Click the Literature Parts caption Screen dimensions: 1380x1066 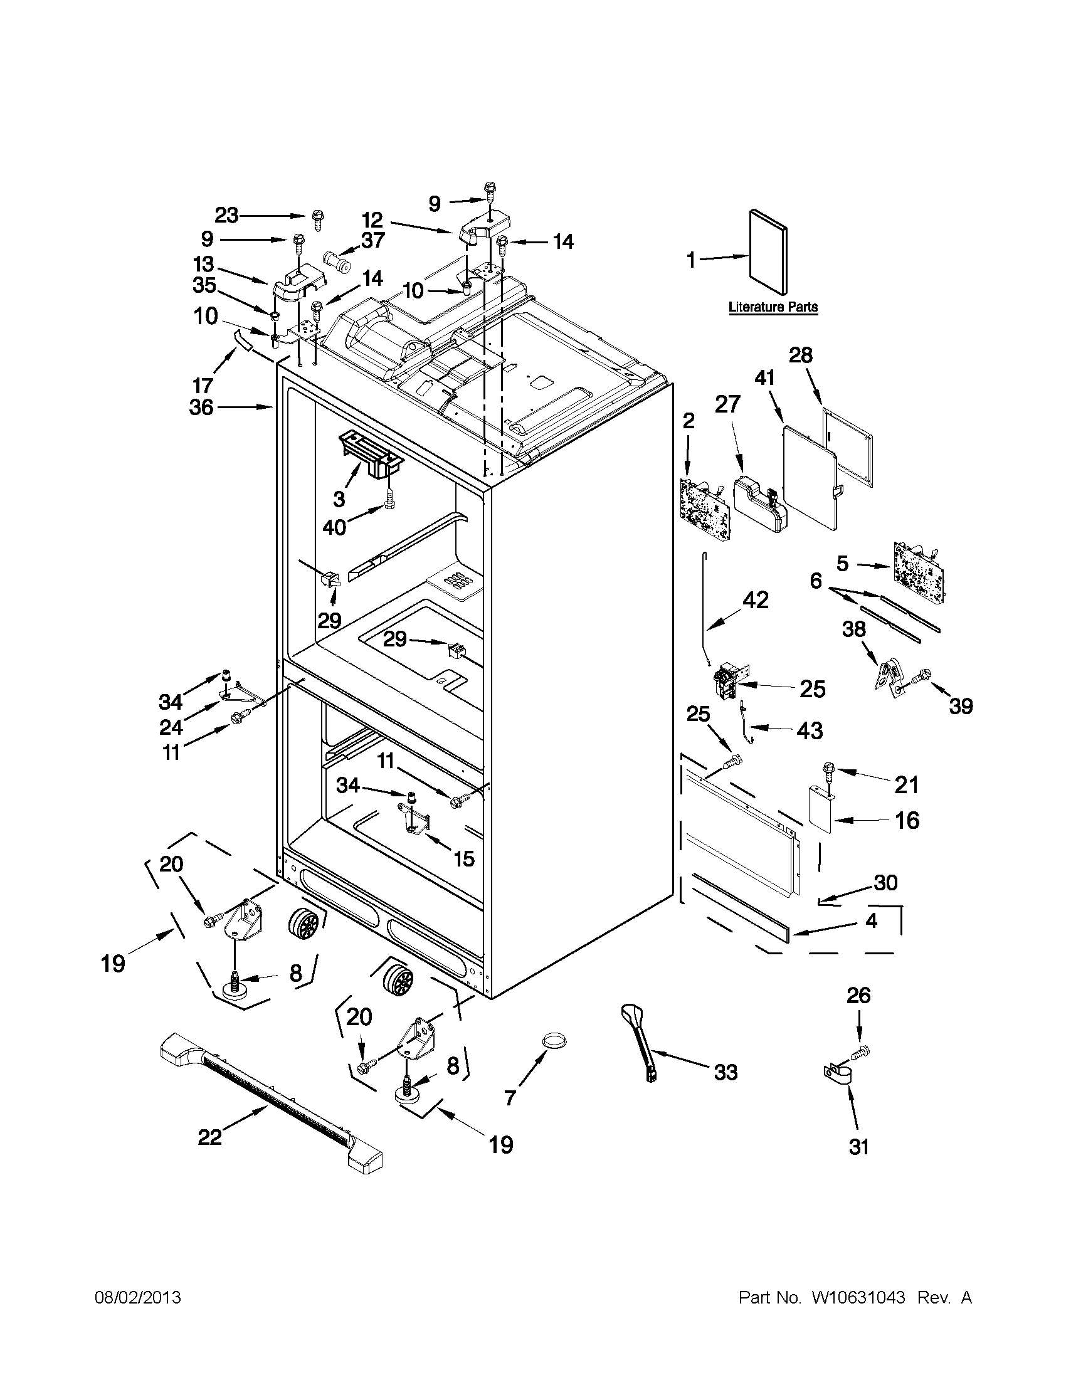point(773,307)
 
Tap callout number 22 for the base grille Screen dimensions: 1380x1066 point(210,1137)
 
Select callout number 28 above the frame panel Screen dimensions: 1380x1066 point(801,356)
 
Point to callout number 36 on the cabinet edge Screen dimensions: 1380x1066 point(201,408)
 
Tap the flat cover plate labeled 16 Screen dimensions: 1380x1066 point(823,811)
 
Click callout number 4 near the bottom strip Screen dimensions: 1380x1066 point(871,920)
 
